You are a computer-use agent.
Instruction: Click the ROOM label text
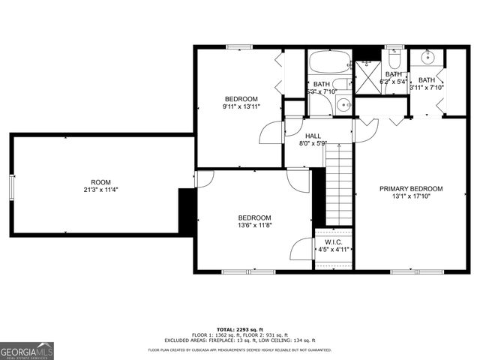tap(100, 182)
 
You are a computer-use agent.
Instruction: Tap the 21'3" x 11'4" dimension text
tap(100, 190)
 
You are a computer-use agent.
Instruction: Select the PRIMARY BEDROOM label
tap(411, 189)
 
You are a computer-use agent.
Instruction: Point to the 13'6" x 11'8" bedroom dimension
tap(254, 225)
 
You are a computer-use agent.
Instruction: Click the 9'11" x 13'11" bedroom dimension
tap(241, 107)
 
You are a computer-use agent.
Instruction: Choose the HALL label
tap(313, 135)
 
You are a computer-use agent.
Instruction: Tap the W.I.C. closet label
tap(334, 241)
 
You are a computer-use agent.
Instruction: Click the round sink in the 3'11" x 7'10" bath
tap(427, 57)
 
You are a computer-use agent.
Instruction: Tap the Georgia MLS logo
tap(27, 350)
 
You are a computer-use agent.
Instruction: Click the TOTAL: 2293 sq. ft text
tap(239, 330)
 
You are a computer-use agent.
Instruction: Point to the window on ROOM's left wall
tap(11, 187)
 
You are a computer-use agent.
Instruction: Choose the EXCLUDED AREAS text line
tap(240, 340)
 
